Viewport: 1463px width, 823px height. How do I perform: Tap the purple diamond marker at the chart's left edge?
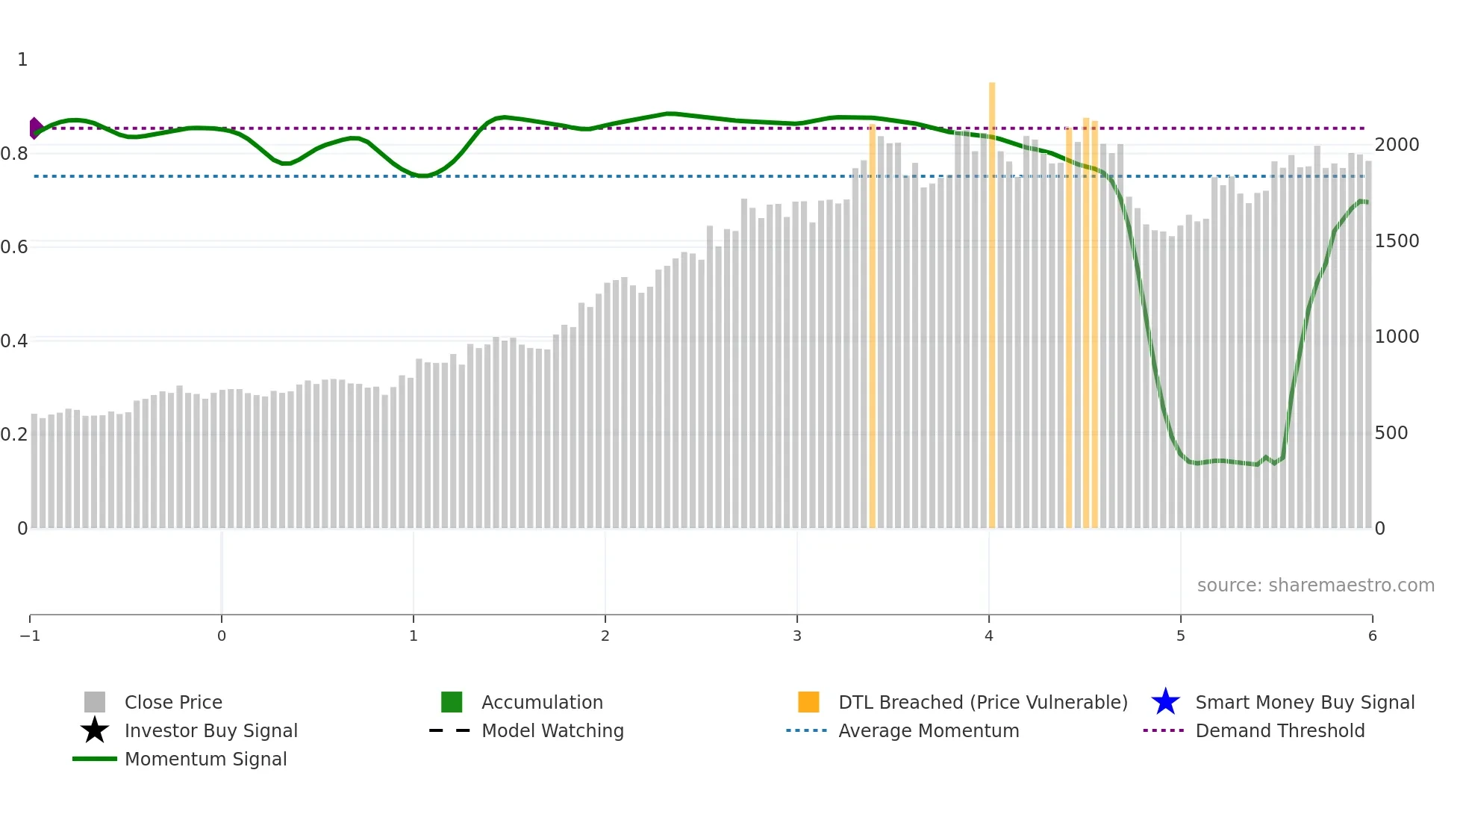point(35,128)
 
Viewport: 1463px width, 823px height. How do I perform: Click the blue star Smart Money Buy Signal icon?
point(1165,702)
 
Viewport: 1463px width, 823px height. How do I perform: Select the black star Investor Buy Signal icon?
point(95,730)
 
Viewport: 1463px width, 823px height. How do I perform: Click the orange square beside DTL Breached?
point(808,702)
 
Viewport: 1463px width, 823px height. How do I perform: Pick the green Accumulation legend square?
point(452,702)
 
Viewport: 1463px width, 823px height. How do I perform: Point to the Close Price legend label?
point(173,702)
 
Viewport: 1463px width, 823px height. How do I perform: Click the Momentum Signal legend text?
point(205,759)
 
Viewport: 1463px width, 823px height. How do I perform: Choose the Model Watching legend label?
point(552,730)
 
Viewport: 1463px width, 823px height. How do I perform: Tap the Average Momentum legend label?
point(929,730)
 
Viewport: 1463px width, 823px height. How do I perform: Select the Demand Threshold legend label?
point(1279,730)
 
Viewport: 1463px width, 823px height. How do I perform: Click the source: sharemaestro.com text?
point(1315,586)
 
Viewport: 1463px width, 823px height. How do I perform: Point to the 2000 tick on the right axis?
point(1397,145)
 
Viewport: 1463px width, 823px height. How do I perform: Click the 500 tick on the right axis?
point(1391,433)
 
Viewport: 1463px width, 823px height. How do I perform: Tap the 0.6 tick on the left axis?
point(14,247)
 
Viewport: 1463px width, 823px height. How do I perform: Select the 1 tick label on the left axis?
point(22,60)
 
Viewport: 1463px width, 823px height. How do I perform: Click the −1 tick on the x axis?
point(30,636)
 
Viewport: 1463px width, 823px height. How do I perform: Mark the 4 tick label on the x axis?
point(989,636)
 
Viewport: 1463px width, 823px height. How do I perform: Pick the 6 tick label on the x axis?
point(1372,636)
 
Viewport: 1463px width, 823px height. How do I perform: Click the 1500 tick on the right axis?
point(1397,241)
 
